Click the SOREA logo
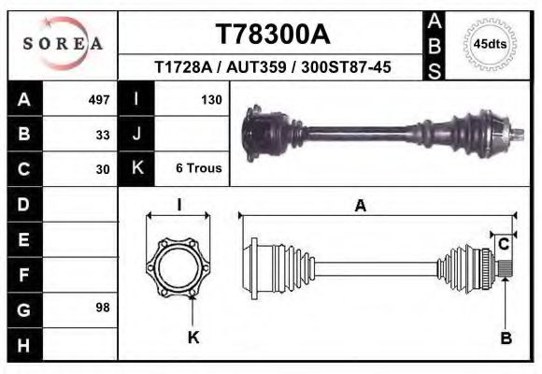[63, 44]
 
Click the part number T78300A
[272, 35]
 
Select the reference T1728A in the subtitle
[182, 68]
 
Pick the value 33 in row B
[103, 135]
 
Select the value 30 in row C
[103, 169]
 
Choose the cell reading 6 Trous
[198, 169]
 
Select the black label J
[136, 135]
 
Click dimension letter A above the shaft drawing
[360, 208]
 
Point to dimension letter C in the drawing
[503, 245]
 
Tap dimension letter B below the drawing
[506, 338]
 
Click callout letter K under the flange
[193, 338]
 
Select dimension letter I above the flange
[178, 207]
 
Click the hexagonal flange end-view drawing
[178, 264]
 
